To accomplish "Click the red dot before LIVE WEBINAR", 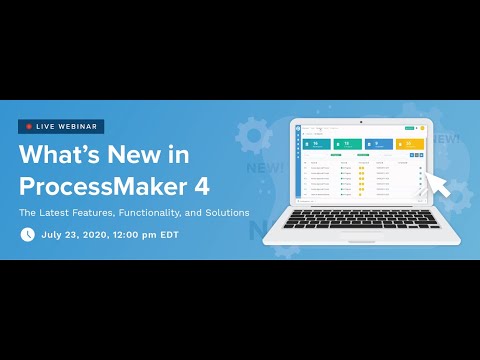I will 30,127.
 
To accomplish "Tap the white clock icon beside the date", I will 28,235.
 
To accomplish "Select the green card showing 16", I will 319,145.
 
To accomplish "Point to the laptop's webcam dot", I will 361,123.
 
